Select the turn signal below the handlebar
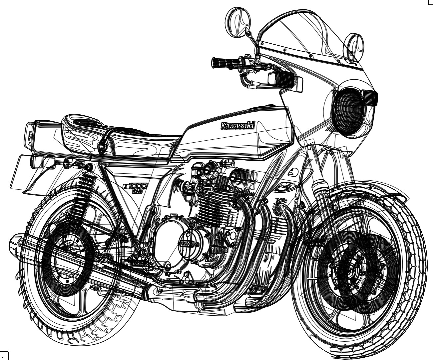pos(281,79)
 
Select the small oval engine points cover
pos(189,244)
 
